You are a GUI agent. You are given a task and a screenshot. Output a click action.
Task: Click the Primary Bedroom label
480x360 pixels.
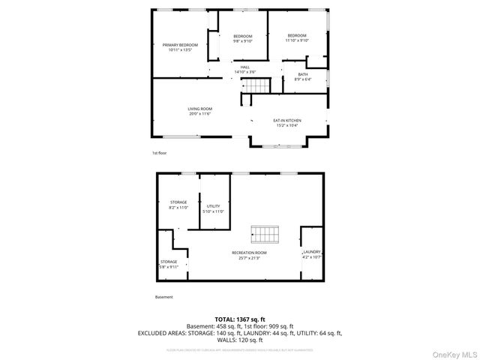[180, 47]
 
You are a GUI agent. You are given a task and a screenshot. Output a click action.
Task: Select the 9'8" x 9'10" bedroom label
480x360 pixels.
[242, 39]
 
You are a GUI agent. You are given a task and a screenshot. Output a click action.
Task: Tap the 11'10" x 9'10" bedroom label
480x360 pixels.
[297, 38]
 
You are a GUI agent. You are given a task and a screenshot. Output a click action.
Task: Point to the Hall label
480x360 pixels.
[244, 70]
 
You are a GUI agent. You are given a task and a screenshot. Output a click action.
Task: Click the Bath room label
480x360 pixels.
[302, 76]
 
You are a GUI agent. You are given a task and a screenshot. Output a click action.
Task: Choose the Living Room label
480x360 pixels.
[199, 111]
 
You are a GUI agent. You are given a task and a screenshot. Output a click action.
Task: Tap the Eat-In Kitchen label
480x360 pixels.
[286, 122]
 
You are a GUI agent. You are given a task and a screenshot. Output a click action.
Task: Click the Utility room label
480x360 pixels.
[213, 208]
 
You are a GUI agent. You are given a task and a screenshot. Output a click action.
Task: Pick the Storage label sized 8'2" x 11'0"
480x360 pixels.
[178, 205]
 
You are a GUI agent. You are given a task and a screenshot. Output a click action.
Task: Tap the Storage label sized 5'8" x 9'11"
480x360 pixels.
[168, 264]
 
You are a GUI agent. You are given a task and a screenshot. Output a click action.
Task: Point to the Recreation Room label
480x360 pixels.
[249, 255]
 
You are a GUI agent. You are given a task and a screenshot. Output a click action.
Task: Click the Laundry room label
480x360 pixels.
[312, 254]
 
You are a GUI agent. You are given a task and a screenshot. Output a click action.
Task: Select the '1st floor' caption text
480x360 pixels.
[159, 153]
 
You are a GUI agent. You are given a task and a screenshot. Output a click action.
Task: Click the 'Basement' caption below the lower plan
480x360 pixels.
[163, 297]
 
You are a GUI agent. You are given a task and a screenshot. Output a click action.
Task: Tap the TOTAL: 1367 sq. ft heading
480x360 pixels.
[239, 319]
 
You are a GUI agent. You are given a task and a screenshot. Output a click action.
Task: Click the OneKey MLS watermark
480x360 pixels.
[453, 353]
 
